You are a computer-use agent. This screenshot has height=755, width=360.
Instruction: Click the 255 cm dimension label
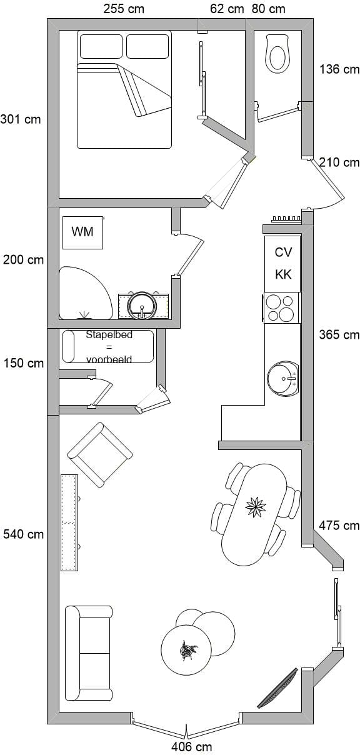click(x=124, y=9)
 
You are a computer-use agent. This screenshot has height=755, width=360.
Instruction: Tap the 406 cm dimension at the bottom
click(x=191, y=747)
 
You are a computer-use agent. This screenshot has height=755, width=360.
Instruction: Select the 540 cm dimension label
click(x=23, y=534)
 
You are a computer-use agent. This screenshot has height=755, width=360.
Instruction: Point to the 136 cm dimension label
click(x=339, y=69)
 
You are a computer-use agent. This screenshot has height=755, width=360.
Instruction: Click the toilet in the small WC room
click(x=277, y=54)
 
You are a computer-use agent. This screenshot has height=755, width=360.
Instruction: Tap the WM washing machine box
click(x=82, y=232)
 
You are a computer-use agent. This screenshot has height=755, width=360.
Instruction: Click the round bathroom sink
click(x=142, y=306)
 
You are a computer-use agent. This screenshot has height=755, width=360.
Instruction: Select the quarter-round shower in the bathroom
click(x=86, y=293)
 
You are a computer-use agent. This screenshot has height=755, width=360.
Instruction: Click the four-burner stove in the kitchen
click(x=281, y=307)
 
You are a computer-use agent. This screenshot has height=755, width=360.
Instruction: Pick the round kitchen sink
click(x=282, y=378)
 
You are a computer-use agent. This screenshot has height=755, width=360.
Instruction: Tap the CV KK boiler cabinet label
click(x=283, y=263)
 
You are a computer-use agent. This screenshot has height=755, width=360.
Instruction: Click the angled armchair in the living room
click(x=100, y=454)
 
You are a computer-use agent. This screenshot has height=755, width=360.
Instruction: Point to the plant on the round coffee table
click(x=188, y=650)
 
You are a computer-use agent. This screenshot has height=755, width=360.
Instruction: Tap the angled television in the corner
click(x=277, y=688)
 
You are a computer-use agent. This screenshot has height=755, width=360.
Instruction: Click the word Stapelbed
click(x=109, y=335)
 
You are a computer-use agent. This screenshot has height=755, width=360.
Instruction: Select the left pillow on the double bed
click(x=101, y=46)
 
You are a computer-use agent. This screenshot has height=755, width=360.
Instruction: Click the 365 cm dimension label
click(x=339, y=335)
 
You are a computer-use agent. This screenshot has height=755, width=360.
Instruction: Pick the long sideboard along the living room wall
click(x=69, y=522)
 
